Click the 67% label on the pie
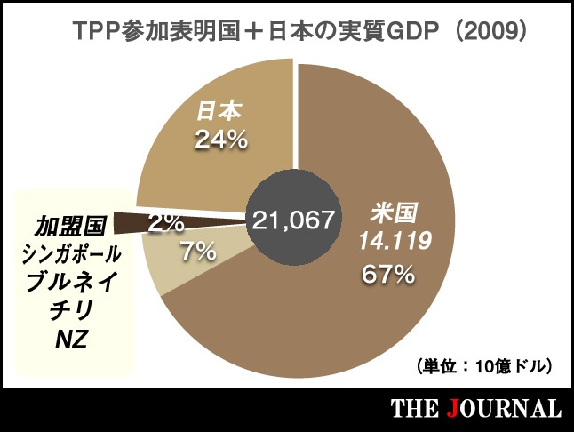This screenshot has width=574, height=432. (x=388, y=275)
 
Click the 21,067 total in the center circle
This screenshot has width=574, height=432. (x=293, y=220)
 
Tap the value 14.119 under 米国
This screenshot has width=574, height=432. (x=395, y=241)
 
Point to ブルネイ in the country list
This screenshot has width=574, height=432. (x=70, y=283)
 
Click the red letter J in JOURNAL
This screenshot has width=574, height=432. (x=456, y=410)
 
